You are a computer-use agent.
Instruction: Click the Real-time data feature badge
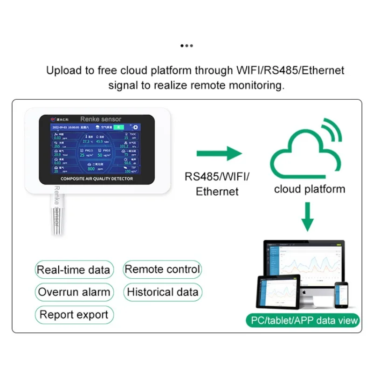[x=73, y=269]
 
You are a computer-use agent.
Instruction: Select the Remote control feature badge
[x=162, y=269]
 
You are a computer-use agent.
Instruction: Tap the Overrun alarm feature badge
[x=74, y=292]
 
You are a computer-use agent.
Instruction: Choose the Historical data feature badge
[x=162, y=292]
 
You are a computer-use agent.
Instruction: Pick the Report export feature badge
[x=74, y=315]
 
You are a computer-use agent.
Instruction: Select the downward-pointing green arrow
[x=307, y=216]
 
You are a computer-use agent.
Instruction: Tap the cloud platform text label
[x=310, y=189]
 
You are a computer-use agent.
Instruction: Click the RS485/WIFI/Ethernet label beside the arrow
[x=217, y=184]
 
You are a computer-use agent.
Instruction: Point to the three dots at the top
[x=186, y=46]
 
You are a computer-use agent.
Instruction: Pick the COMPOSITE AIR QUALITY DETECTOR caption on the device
[x=97, y=179]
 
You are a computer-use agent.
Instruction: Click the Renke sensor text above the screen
[x=100, y=119]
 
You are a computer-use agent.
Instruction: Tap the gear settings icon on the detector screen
[x=136, y=127]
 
